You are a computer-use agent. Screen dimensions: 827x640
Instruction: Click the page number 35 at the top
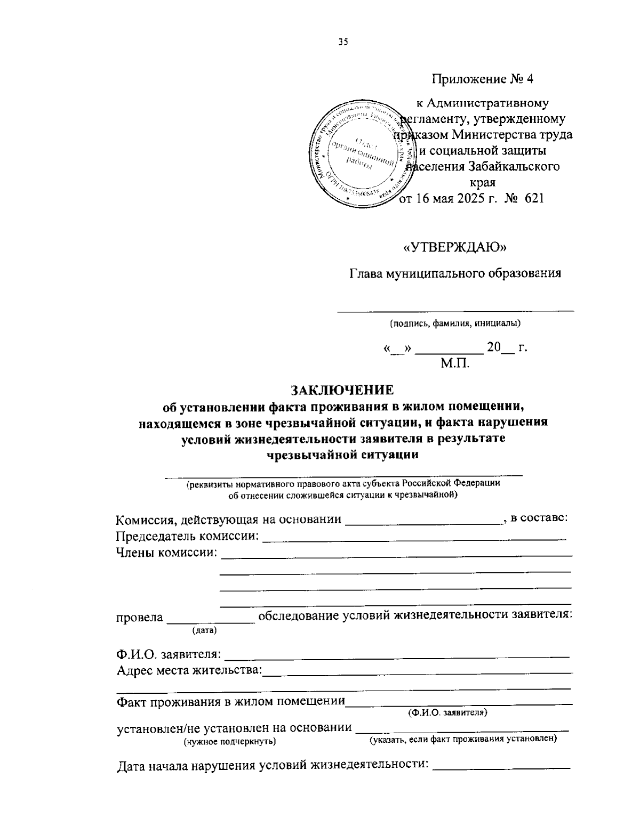[x=342, y=43]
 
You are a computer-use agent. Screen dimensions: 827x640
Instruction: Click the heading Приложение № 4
[x=482, y=79]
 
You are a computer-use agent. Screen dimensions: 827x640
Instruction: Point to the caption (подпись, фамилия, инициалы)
[x=455, y=323]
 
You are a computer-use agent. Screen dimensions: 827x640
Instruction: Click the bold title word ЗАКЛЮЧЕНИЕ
[x=342, y=390]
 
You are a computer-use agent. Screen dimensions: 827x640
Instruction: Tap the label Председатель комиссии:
[x=188, y=536]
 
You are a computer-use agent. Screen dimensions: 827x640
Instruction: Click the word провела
[x=140, y=617]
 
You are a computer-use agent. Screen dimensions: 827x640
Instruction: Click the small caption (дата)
[x=204, y=630]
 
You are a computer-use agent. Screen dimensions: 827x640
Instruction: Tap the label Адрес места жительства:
[x=189, y=670]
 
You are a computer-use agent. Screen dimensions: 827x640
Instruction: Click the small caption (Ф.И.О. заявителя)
[x=447, y=712]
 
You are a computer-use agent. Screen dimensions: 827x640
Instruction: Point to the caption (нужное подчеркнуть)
[x=229, y=741]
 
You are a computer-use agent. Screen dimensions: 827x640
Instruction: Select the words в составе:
[x=539, y=518]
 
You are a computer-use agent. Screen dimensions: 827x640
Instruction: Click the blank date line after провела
[x=211, y=621]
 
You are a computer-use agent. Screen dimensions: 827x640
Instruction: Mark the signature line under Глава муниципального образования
[x=455, y=310]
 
